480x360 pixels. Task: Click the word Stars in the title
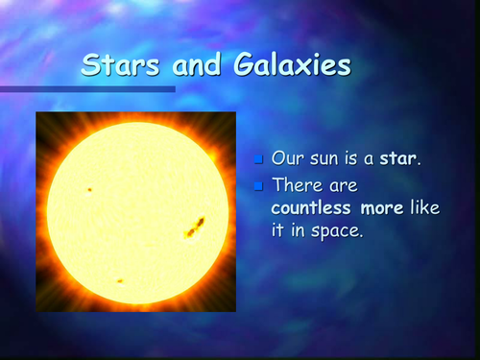pyautogui.click(x=115, y=65)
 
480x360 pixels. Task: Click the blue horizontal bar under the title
pyautogui.click(x=86, y=89)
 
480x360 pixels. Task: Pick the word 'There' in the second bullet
pyautogui.click(x=296, y=182)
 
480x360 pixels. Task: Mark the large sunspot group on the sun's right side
pyautogui.click(x=196, y=227)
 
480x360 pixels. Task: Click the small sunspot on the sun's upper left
pyautogui.click(x=88, y=189)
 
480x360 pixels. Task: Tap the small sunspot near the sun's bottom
pyautogui.click(x=119, y=281)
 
